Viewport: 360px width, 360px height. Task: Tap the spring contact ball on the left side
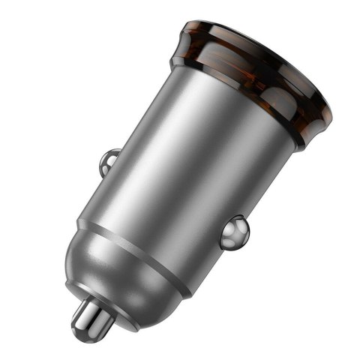(109, 160)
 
